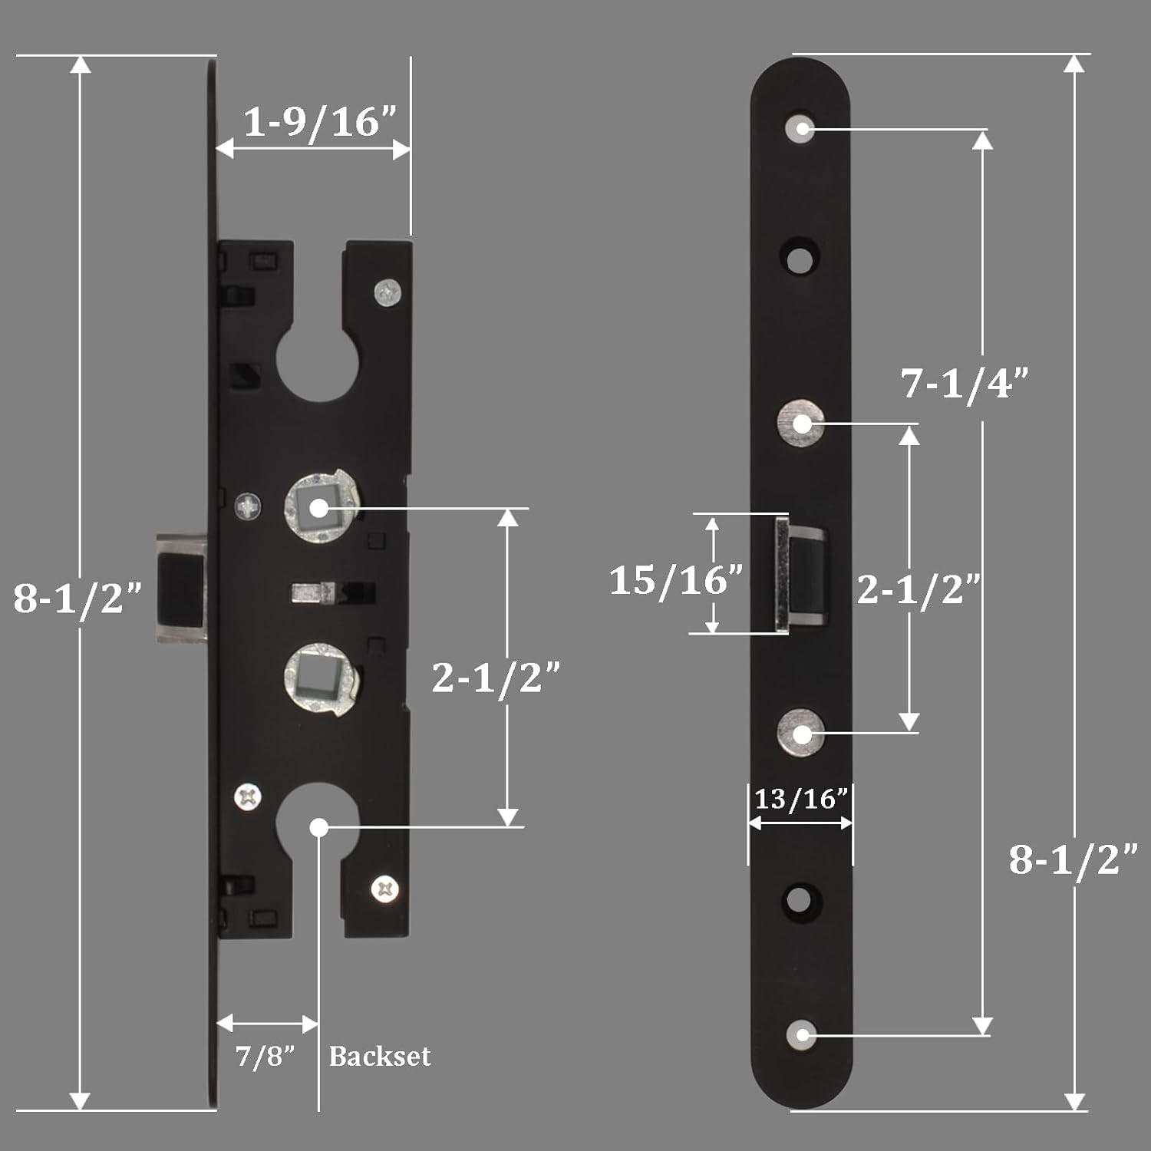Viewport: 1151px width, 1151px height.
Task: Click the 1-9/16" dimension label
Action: pyautogui.click(x=320, y=121)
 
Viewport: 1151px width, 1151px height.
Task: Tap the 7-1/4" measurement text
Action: pyautogui.click(x=965, y=382)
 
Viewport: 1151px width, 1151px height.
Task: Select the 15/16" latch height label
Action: pyautogui.click(x=676, y=579)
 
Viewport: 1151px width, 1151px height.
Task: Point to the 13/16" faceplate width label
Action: pyautogui.click(x=801, y=799)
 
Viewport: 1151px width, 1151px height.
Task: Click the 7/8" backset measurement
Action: pyautogui.click(x=265, y=1056)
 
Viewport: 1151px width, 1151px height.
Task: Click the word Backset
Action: pyautogui.click(x=380, y=1057)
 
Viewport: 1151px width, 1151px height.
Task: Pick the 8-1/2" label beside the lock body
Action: pyautogui.click(x=78, y=597)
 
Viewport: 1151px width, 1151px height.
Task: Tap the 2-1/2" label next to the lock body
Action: pyautogui.click(x=496, y=677)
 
